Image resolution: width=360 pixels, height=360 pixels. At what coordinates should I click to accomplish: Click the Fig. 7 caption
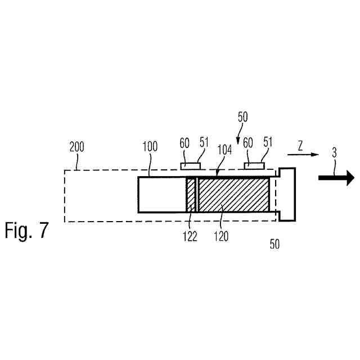(x=27, y=231)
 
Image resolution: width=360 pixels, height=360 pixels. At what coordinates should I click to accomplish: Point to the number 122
(x=190, y=237)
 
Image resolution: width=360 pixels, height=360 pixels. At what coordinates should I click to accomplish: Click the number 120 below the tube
(x=221, y=237)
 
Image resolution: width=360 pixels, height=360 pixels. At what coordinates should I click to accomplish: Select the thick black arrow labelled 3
(x=336, y=178)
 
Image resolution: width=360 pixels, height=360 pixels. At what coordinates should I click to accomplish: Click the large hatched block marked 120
(x=234, y=195)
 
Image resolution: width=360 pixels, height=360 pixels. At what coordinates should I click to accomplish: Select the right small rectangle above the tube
(x=254, y=165)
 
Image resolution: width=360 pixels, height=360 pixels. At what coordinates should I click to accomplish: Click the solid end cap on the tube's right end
(x=287, y=194)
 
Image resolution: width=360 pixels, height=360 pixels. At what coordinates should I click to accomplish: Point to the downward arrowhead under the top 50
(x=238, y=141)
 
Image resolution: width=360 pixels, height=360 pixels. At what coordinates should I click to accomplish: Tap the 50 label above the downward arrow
(x=242, y=118)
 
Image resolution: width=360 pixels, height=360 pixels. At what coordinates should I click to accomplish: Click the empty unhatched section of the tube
(x=162, y=195)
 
